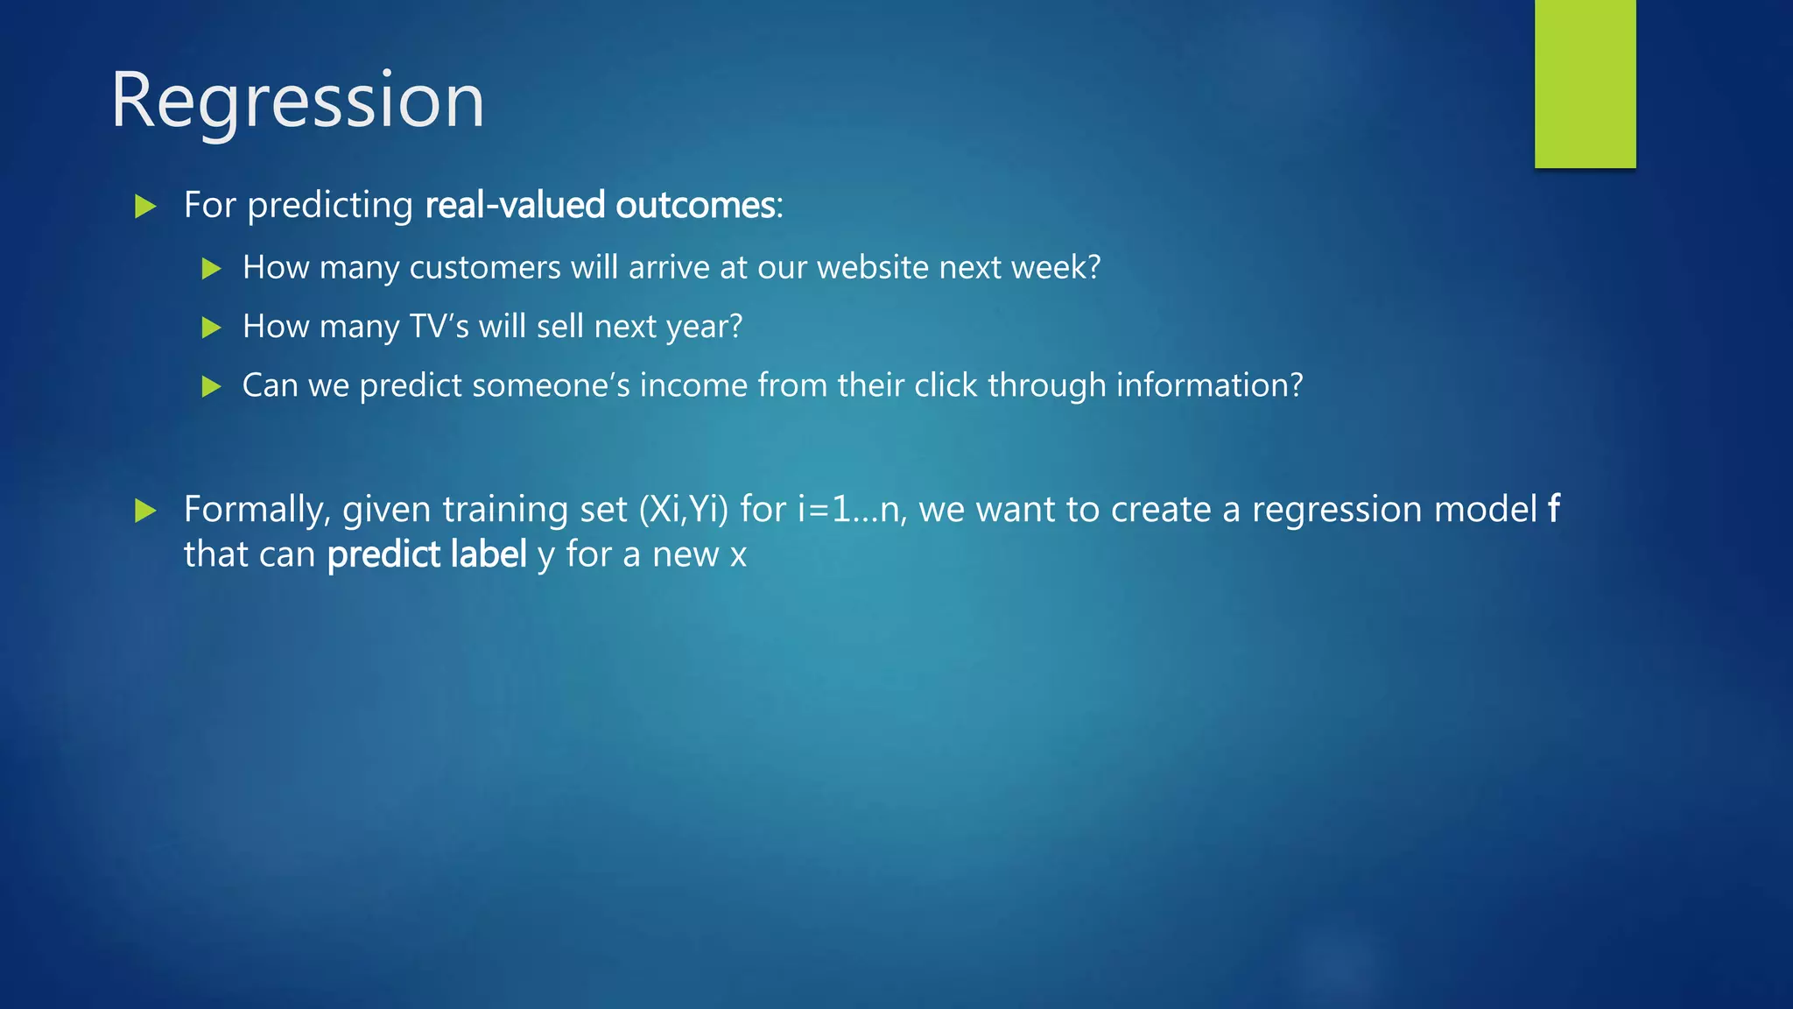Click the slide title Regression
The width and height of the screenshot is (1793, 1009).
point(297,101)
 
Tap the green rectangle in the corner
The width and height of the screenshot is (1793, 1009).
point(1585,83)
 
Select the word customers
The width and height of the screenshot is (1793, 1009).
point(485,268)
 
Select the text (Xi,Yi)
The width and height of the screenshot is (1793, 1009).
point(684,510)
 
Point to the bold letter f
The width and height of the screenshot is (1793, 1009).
point(1553,509)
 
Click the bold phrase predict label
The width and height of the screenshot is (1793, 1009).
point(427,555)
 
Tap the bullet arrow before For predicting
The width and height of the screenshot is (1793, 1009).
point(145,207)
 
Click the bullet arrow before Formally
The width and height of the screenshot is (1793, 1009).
point(145,511)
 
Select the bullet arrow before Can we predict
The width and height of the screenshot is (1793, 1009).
point(211,386)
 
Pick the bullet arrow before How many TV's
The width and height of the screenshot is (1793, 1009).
point(211,328)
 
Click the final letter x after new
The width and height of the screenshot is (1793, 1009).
point(738,557)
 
